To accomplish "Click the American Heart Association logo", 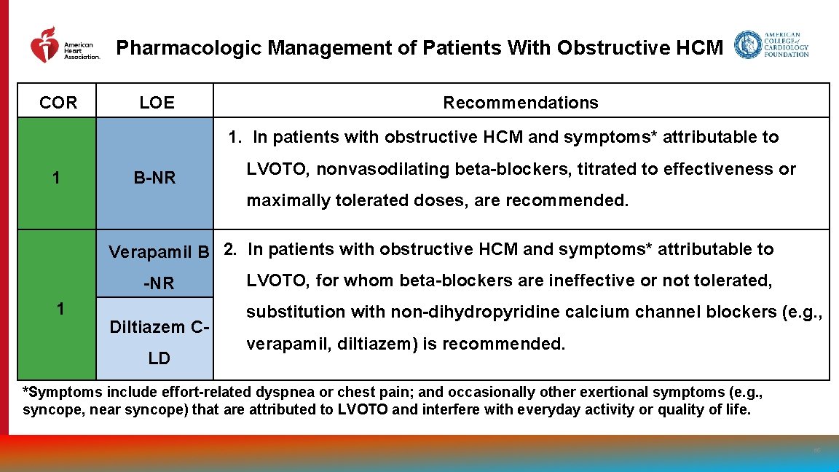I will tap(64, 46).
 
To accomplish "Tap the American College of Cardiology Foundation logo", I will tap(771, 45).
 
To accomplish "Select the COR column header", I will tap(58, 103).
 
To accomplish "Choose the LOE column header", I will tap(157, 103).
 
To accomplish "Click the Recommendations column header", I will tap(520, 103).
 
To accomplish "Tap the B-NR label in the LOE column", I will tap(154, 177).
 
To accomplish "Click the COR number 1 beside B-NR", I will tap(57, 177).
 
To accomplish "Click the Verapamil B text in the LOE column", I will tap(159, 252).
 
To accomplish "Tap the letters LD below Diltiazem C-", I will tap(159, 358).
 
